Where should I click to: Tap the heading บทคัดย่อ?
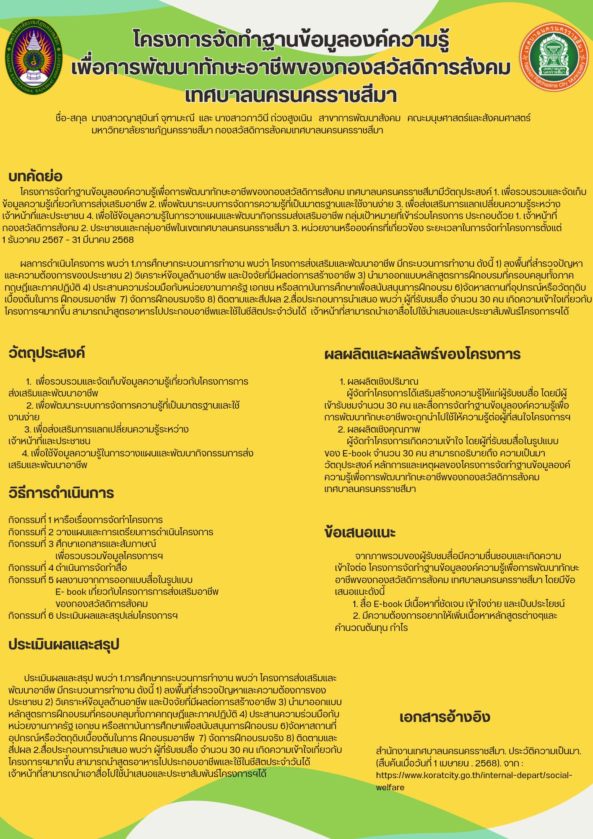coord(35,177)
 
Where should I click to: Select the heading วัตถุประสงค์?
coord(47,353)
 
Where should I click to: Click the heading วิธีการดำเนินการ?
coord(61,493)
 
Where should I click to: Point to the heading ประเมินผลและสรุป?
coord(64,644)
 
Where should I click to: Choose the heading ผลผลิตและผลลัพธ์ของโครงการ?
coord(422,354)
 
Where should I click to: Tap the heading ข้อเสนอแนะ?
coord(360,532)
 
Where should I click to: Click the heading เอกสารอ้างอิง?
coord(445,717)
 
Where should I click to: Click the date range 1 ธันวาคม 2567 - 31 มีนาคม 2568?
coord(68,240)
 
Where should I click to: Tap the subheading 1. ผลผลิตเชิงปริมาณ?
coord(379,382)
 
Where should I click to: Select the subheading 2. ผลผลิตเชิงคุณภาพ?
coord(379,430)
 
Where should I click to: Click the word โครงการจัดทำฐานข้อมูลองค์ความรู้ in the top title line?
coord(291,40)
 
